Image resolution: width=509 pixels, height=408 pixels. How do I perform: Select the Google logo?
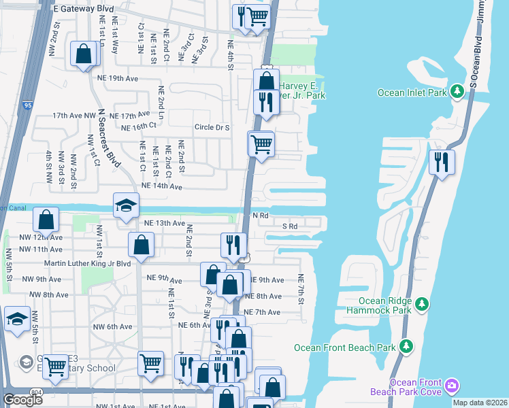click(22, 399)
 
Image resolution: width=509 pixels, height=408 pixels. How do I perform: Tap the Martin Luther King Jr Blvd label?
click(87, 264)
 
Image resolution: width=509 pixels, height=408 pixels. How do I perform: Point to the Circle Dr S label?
click(212, 127)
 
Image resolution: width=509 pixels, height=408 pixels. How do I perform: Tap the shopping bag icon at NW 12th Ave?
click(46, 220)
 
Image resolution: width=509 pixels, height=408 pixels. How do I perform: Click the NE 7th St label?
click(299, 289)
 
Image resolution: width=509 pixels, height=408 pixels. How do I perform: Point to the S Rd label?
click(289, 226)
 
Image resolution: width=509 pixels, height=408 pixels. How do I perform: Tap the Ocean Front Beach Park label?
click(345, 347)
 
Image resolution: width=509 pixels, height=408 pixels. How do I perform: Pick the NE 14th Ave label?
click(162, 186)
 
